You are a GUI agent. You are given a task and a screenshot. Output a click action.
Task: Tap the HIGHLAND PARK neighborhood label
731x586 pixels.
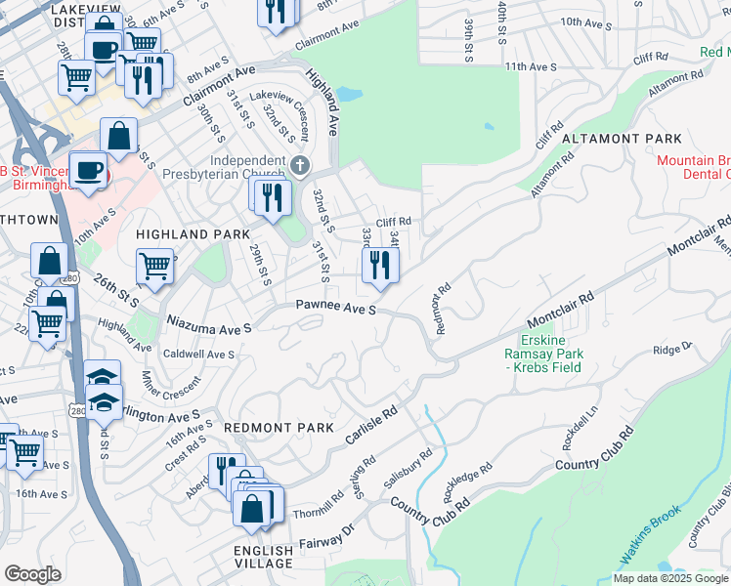(x=186, y=234)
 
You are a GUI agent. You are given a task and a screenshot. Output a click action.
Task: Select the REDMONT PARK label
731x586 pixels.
(x=279, y=428)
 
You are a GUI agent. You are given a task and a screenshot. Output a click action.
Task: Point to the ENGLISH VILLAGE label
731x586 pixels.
(x=264, y=557)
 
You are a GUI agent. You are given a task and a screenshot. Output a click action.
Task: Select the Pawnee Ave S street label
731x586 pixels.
(x=337, y=309)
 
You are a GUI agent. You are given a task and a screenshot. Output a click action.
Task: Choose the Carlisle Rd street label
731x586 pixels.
(x=372, y=426)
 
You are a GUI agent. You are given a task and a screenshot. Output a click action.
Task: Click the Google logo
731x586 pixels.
(x=32, y=574)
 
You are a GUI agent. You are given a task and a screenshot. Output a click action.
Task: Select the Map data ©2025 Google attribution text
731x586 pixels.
(x=669, y=578)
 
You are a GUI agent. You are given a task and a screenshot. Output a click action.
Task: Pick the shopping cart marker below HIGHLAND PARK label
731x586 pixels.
(x=154, y=265)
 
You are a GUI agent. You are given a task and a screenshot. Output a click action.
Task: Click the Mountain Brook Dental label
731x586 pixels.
(x=693, y=167)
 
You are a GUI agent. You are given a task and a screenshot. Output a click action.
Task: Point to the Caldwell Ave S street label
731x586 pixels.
(x=198, y=354)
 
